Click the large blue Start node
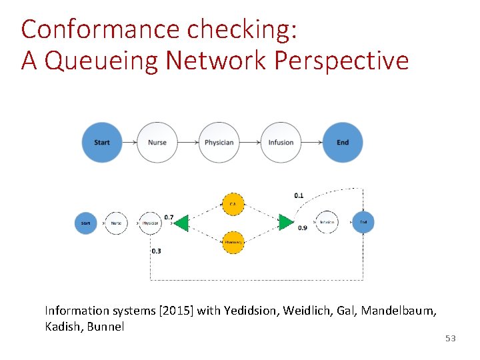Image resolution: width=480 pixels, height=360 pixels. click(x=102, y=142)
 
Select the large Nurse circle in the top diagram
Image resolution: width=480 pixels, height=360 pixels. click(x=157, y=142)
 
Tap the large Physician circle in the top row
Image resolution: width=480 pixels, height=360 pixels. click(x=219, y=142)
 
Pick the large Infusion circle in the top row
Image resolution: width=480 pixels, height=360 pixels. click(x=281, y=142)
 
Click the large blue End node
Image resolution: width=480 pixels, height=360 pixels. click(x=343, y=142)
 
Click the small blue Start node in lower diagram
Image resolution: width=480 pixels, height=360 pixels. click(x=85, y=223)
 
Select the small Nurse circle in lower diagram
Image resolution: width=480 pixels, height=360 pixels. click(x=117, y=223)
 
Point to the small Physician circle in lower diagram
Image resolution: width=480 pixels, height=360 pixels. click(x=151, y=223)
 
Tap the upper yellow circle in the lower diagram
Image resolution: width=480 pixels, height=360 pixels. click(x=233, y=203)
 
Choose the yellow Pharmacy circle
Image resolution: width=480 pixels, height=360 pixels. click(x=233, y=242)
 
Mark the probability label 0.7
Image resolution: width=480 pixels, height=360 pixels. click(x=169, y=217)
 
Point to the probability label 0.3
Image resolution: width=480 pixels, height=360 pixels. click(x=156, y=251)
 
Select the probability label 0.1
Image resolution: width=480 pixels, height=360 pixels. click(x=299, y=195)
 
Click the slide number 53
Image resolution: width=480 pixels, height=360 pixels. click(x=451, y=339)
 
